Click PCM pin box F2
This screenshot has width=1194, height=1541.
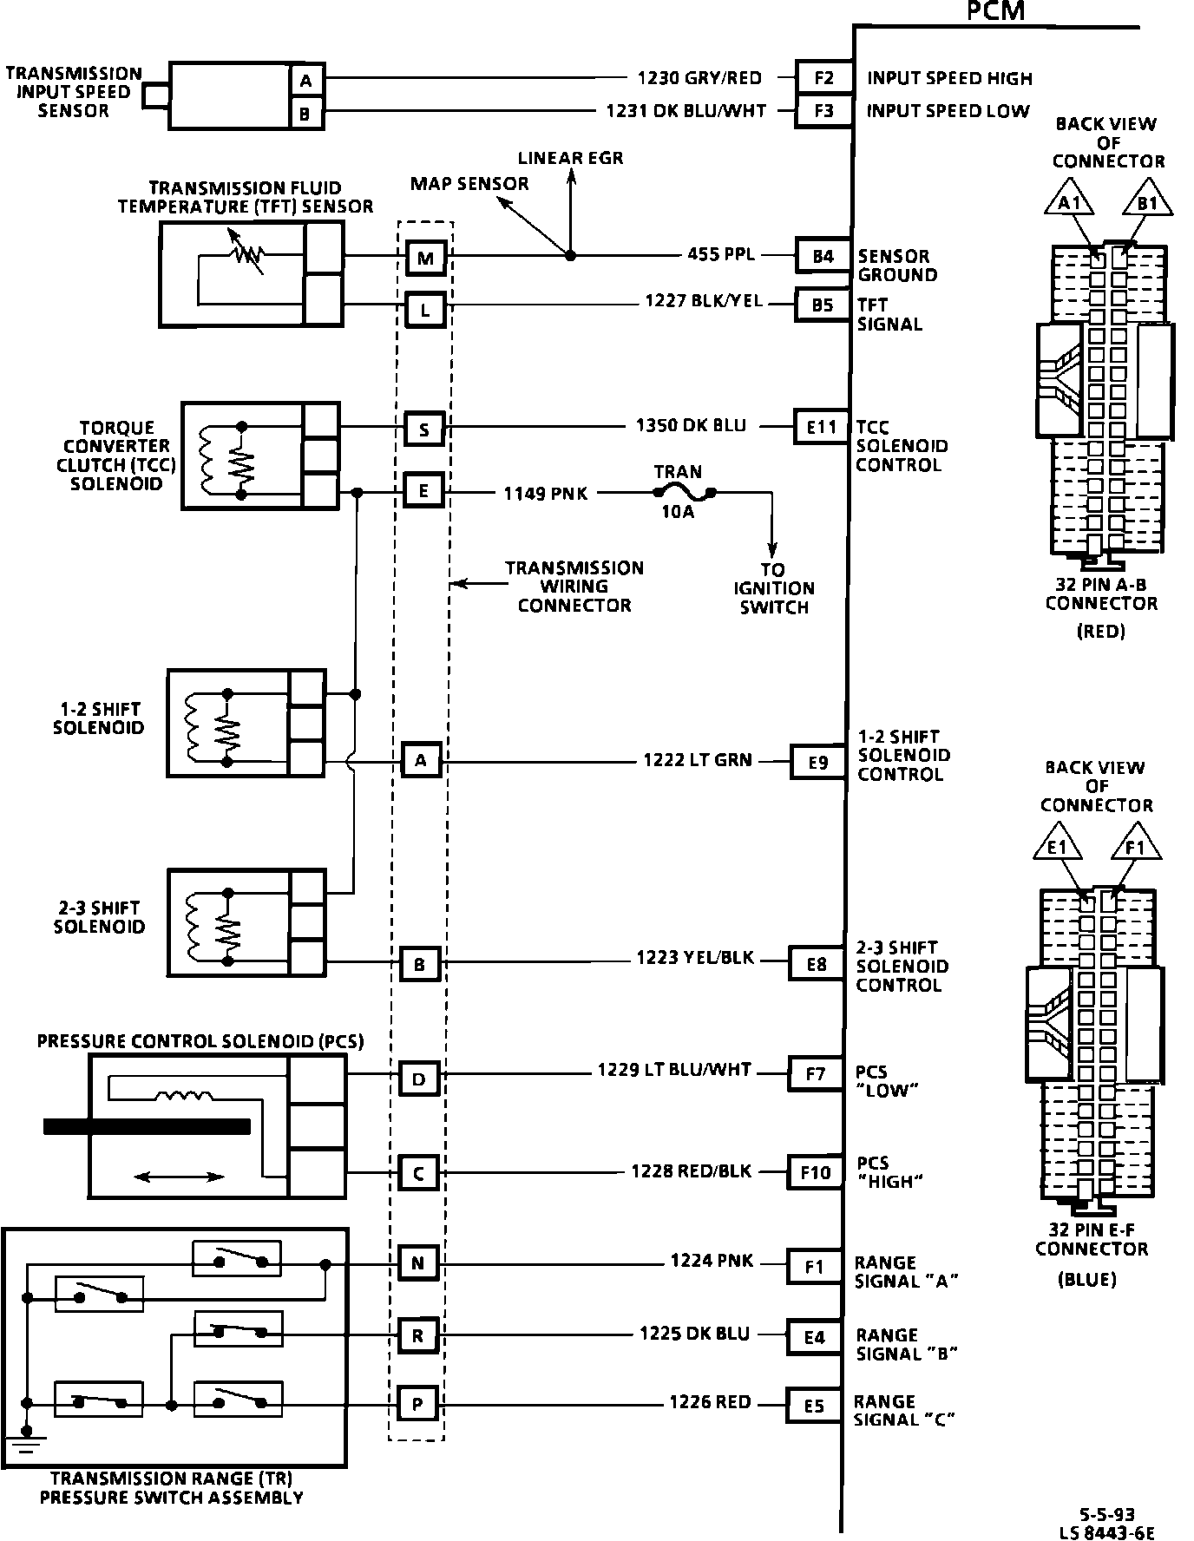823,79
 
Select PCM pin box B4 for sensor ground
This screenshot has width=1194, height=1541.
822,256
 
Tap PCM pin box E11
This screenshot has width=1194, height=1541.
821,427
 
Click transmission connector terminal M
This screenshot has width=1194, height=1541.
425,258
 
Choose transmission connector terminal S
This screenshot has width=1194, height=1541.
424,430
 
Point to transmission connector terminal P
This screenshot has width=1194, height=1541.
417,1404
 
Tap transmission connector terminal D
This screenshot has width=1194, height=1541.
419,1079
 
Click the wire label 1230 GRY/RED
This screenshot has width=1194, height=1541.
699,78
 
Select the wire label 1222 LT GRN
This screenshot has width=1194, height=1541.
698,760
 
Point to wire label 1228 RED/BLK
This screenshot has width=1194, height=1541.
691,1171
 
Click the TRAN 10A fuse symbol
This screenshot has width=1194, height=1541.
683,494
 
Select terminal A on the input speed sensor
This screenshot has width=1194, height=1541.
305,81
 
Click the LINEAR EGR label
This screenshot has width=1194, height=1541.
570,158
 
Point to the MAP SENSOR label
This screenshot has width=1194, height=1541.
469,184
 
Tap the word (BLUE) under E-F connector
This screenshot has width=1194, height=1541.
1086,1279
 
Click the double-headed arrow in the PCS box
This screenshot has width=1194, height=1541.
180,1177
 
